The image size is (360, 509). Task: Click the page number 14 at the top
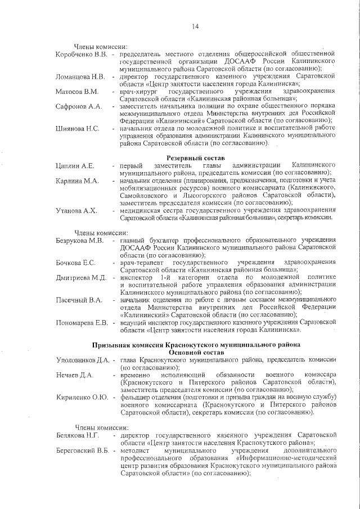pos(196,26)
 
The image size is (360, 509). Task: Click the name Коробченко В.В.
pos(82,54)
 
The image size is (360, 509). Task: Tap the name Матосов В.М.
pos(77,91)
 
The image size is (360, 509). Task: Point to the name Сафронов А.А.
pos(78,106)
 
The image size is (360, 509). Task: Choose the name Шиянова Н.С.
pos(78,129)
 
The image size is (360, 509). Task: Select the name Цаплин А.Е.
pos(75,166)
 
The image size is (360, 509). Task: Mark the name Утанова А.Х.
pos(77,210)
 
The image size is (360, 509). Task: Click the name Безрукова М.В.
pos(80,241)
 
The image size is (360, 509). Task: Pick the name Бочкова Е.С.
pos(76,263)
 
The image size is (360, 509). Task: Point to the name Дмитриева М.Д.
pos(81,278)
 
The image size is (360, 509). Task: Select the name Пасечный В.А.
pos(79,300)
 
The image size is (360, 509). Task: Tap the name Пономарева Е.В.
pos(82,323)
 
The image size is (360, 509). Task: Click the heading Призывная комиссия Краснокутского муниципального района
pos(196,344)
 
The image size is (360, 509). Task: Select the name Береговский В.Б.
pos(83,451)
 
